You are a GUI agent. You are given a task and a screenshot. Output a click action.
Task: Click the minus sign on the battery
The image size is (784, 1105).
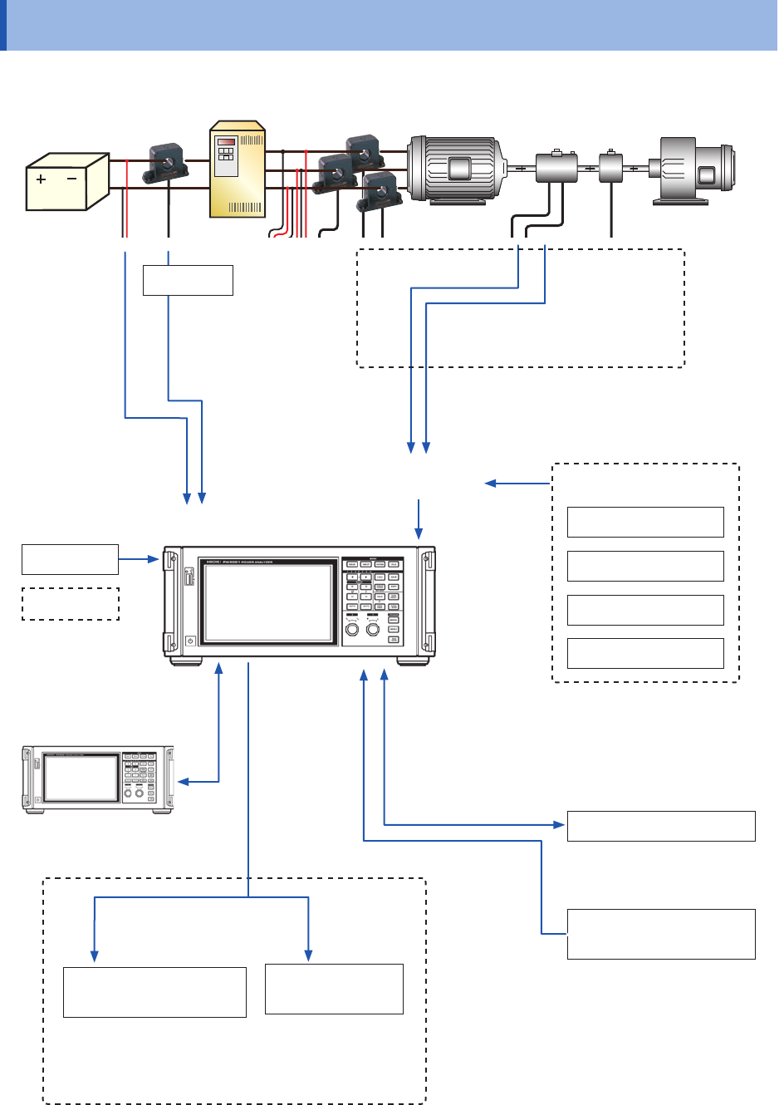tap(72, 179)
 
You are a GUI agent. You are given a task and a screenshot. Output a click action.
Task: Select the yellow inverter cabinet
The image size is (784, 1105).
tap(237, 169)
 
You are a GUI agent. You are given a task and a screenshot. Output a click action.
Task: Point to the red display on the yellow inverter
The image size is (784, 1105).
tap(226, 142)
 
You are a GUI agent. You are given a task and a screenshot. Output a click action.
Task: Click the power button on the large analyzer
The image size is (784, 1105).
tap(190, 641)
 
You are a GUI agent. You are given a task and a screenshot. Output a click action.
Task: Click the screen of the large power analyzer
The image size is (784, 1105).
tap(266, 602)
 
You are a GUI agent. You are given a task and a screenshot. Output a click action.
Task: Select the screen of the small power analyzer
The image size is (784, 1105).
tap(81, 778)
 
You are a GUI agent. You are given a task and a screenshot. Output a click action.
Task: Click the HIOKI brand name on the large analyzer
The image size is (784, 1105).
tap(207, 562)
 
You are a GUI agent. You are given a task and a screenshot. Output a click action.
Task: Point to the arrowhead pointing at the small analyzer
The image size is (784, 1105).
tap(184, 782)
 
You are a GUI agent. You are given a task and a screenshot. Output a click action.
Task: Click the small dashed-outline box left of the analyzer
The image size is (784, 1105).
tap(71, 604)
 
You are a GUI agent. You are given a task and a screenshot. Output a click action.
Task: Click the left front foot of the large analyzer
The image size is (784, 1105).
tap(187, 661)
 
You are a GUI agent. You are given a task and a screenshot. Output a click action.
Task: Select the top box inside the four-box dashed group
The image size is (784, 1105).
tap(645, 522)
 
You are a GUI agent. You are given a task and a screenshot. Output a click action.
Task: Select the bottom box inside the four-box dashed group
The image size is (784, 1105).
tap(645, 653)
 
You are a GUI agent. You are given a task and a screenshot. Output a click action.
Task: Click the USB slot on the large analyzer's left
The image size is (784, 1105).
tap(189, 576)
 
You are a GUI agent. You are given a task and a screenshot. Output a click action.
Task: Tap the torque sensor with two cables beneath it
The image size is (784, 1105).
tap(556, 167)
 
